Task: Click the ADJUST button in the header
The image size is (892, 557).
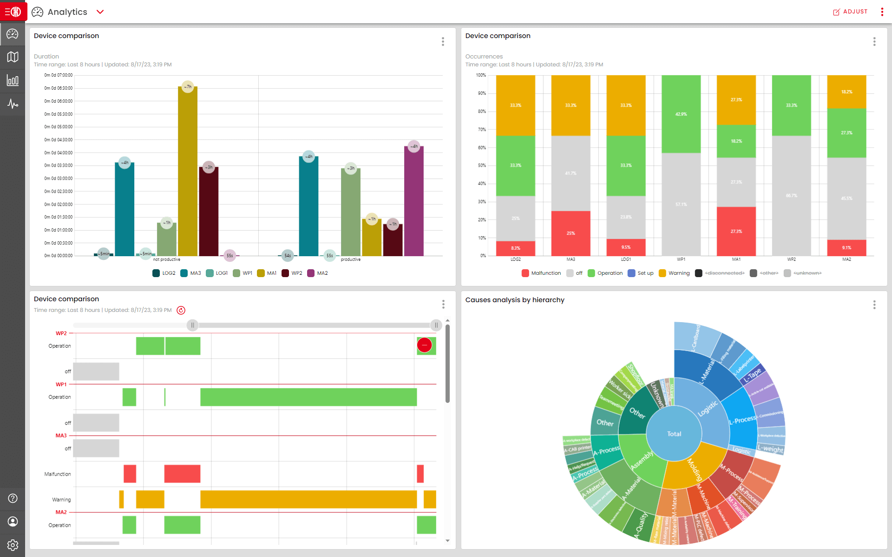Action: (x=850, y=12)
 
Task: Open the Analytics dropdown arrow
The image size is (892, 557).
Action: (x=100, y=12)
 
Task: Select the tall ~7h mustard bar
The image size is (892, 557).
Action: (x=188, y=172)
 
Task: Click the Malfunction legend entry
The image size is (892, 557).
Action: (x=541, y=273)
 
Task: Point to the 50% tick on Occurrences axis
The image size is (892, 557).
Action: (x=482, y=165)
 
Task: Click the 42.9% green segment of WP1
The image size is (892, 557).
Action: (x=681, y=114)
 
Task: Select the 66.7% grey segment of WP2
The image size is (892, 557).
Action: (x=791, y=195)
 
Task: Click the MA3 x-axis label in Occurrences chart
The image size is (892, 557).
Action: (x=571, y=259)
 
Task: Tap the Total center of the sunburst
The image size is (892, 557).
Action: (x=674, y=434)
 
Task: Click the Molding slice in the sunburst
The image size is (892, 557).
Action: (x=694, y=469)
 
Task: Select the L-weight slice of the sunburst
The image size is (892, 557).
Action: (x=770, y=449)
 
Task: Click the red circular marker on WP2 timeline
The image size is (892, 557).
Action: (x=424, y=345)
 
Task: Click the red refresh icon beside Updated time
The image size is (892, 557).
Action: (x=181, y=310)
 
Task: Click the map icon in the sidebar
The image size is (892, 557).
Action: (x=13, y=57)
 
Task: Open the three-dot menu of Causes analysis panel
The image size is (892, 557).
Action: (x=874, y=304)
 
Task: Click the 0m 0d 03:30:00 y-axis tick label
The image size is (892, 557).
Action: (x=59, y=165)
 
